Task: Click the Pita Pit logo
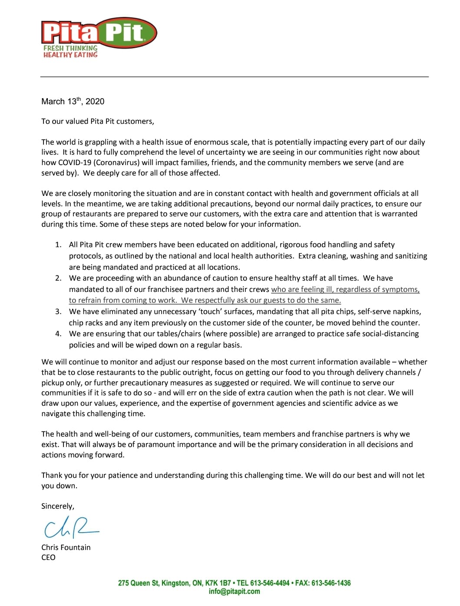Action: tap(99, 33)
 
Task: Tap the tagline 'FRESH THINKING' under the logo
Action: tap(70, 48)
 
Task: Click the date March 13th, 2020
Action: tap(73, 102)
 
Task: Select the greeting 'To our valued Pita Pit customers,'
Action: tap(98, 122)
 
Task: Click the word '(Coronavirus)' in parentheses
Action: tap(117, 163)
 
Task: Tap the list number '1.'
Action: tap(58, 245)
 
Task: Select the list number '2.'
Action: tap(58, 278)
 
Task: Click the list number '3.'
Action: tap(58, 312)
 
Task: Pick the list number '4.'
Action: tap(58, 334)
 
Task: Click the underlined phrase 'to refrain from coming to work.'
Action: tap(123, 301)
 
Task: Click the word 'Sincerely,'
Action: tap(58, 507)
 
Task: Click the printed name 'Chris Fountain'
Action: tap(66, 548)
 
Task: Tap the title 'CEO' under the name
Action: tap(49, 558)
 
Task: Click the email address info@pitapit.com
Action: tap(234, 592)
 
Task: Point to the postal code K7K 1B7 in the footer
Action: tap(218, 583)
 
